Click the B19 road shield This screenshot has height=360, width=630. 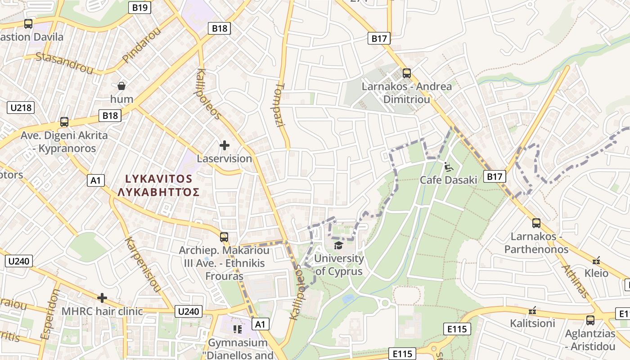click(x=140, y=7)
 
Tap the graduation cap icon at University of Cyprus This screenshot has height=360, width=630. click(x=338, y=245)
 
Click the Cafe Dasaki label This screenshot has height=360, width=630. click(x=448, y=180)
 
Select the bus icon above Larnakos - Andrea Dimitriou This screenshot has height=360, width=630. click(x=407, y=73)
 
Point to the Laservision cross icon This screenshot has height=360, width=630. click(x=224, y=145)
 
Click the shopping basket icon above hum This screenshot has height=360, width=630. click(x=121, y=85)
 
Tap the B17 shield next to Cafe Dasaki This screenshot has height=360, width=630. click(x=494, y=177)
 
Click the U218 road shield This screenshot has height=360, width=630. click(x=21, y=108)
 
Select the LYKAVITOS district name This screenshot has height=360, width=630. click(x=158, y=179)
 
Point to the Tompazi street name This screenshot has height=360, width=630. click(x=280, y=104)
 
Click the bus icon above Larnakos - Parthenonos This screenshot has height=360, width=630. click(x=536, y=223)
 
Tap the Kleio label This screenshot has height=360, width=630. click(x=596, y=273)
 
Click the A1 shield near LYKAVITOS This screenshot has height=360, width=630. click(x=95, y=180)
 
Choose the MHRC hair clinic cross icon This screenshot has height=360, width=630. click(x=102, y=298)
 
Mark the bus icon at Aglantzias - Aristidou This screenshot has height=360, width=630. click(x=590, y=320)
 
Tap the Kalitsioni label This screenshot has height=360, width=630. click(x=532, y=323)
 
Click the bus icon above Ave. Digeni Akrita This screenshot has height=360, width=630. click(x=64, y=122)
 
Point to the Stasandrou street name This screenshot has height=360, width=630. click(x=64, y=63)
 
